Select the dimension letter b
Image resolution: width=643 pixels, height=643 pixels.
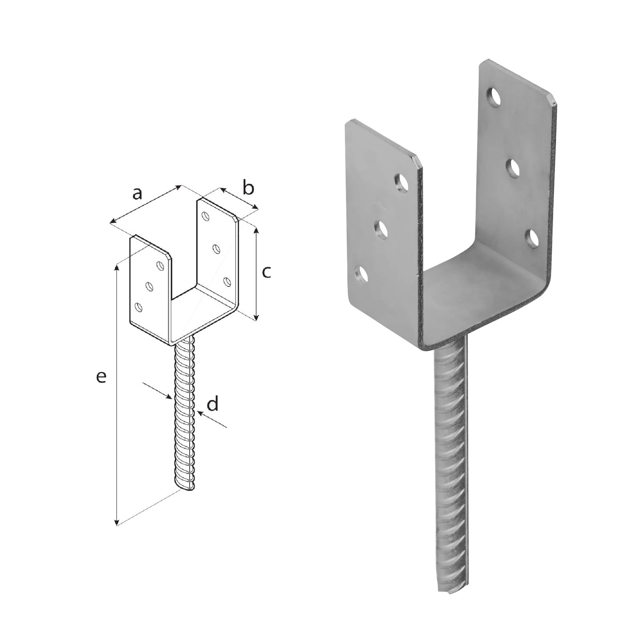249,188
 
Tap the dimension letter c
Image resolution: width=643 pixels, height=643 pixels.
266,272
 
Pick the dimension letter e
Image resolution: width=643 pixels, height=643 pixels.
101,378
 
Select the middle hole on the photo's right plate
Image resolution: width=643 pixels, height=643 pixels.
514,168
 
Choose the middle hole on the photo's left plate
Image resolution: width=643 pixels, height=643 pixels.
382,229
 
